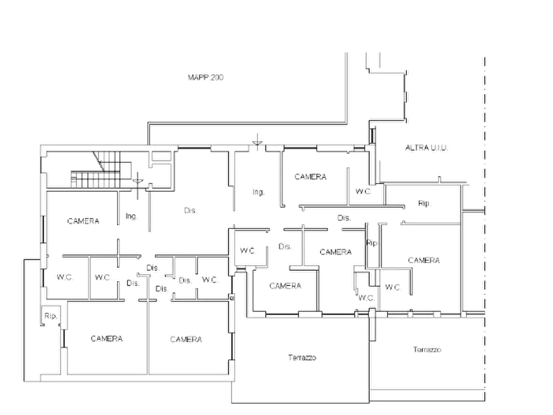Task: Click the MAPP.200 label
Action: point(206,77)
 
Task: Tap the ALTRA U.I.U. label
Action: point(427,148)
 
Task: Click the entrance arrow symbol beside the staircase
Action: point(137,181)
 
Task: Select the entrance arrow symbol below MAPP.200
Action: point(258,142)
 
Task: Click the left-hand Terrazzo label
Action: point(302,357)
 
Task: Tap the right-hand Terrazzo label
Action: point(427,349)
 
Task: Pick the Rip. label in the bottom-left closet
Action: point(51,316)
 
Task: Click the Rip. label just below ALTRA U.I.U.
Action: point(424,203)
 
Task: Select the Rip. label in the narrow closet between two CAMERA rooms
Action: point(372,243)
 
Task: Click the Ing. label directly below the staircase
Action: point(131,216)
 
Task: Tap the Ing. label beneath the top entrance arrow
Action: point(258,193)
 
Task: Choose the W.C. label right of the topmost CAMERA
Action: point(363,191)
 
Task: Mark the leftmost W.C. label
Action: point(65,277)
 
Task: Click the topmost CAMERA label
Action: point(310,177)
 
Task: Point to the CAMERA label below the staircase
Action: point(83,221)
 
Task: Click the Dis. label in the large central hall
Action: point(191,211)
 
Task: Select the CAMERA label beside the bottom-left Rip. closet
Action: point(107,339)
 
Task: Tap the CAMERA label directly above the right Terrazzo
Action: point(424,260)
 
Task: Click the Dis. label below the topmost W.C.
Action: point(344,218)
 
